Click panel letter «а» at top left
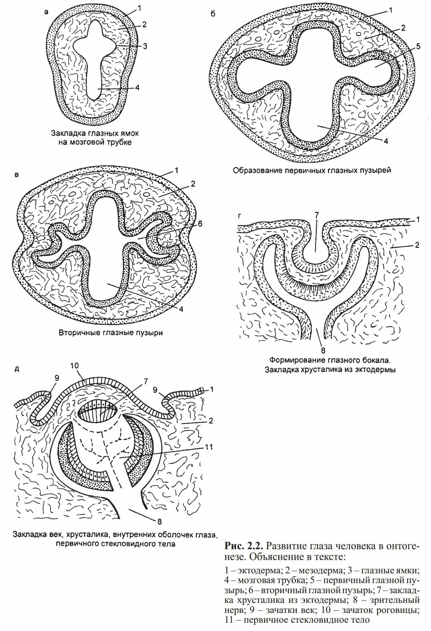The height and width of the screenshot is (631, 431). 46,12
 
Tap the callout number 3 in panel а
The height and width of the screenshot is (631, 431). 145,46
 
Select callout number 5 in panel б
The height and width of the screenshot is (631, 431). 418,46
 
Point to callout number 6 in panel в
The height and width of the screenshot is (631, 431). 200,224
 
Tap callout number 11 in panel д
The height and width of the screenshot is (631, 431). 209,447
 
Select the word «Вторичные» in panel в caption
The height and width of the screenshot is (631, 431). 79,333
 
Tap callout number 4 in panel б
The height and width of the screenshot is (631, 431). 386,142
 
